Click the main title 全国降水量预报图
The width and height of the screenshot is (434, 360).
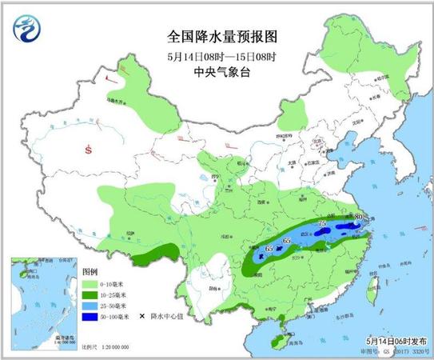click(x=217, y=37)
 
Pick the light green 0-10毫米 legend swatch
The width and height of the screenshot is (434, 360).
click(x=89, y=283)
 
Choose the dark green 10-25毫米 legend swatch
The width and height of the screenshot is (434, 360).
click(x=89, y=294)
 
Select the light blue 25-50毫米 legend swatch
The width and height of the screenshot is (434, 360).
click(x=89, y=306)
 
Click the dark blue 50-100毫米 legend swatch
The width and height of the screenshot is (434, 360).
click(x=89, y=317)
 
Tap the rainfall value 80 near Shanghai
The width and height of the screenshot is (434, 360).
click(x=359, y=217)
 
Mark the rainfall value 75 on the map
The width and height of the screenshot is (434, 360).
click(x=323, y=224)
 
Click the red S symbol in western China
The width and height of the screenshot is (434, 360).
click(x=88, y=150)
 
